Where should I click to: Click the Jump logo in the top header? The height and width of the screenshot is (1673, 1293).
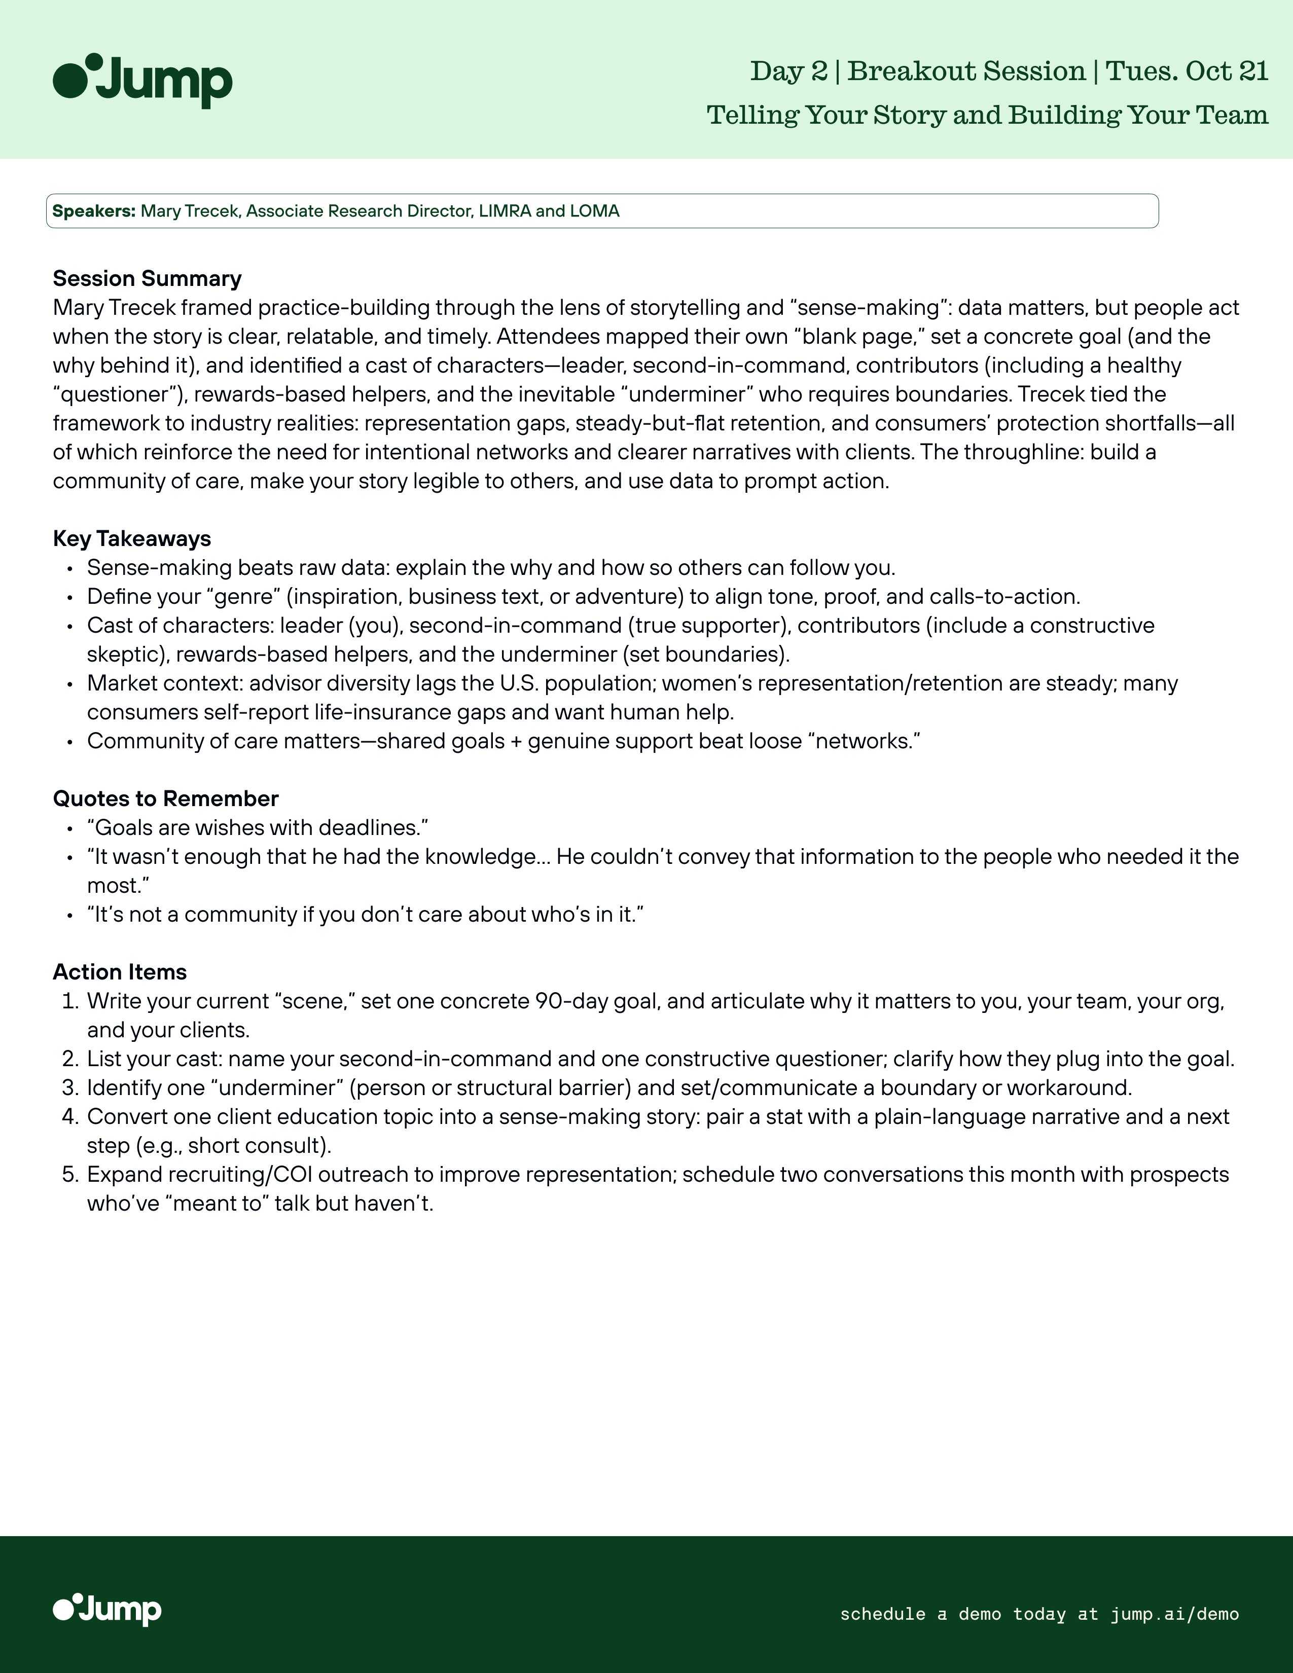tap(142, 81)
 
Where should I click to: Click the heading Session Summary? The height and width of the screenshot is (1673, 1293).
tap(147, 278)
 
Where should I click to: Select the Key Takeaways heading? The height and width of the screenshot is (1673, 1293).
tap(132, 538)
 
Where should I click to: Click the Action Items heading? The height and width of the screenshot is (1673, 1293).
tap(120, 971)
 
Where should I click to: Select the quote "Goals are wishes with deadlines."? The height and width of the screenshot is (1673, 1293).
tap(258, 828)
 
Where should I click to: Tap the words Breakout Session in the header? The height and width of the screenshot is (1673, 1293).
tap(966, 71)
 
